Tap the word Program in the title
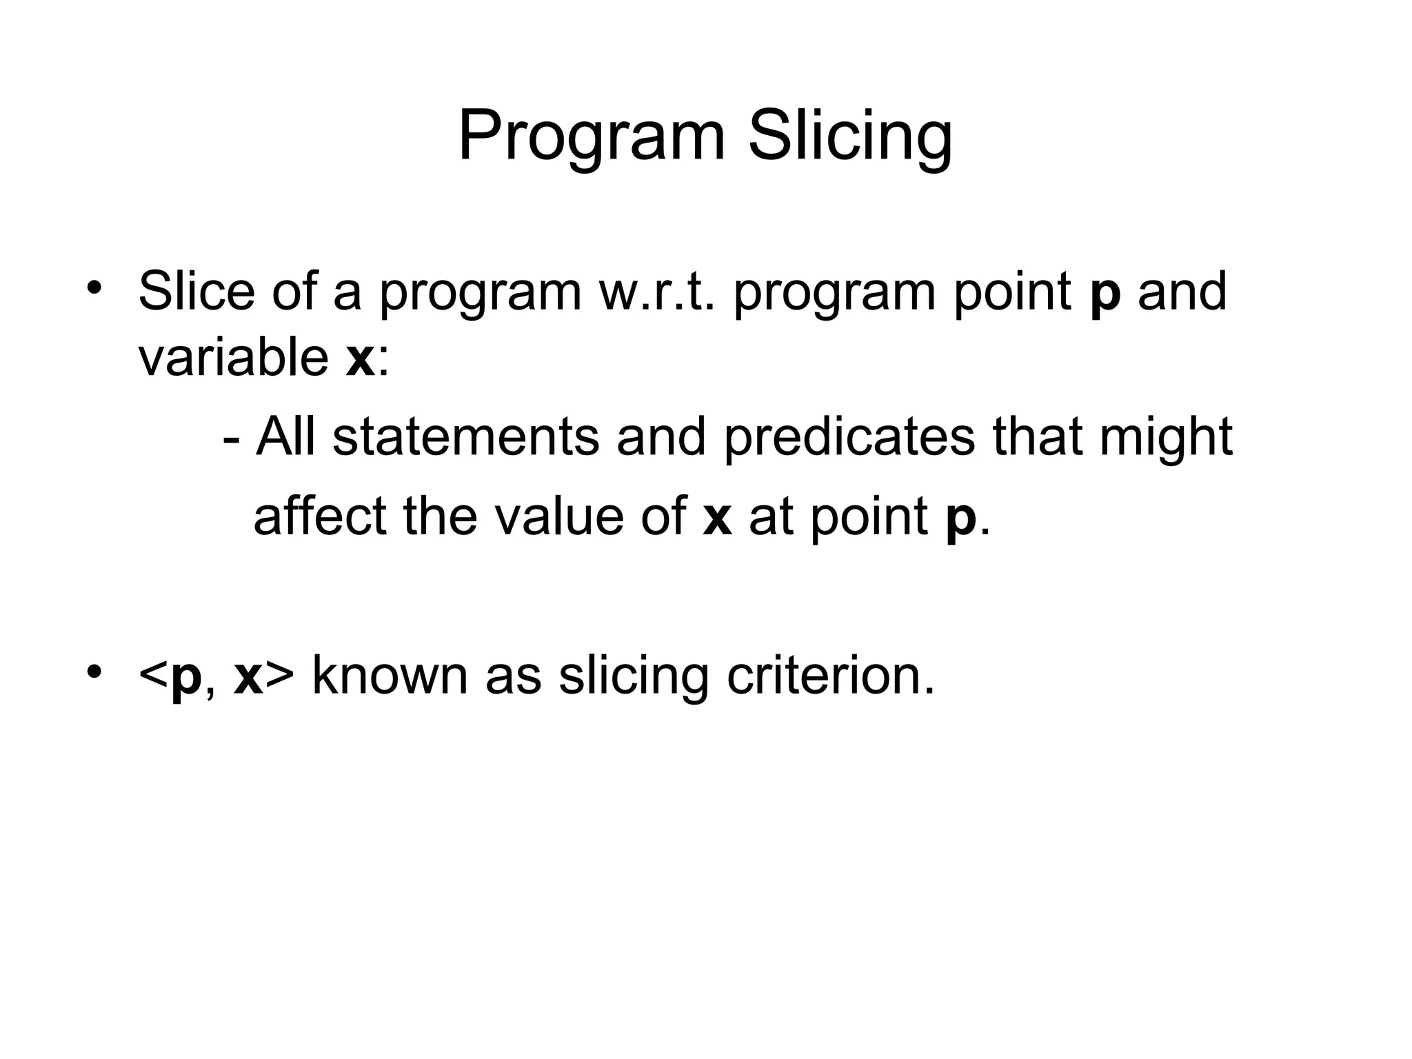(592, 136)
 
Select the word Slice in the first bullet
(196, 292)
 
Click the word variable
(233, 358)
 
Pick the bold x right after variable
(359, 359)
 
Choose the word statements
(465, 437)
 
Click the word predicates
(849, 437)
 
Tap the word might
(1165, 437)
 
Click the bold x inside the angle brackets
(248, 677)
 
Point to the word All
(285, 437)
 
